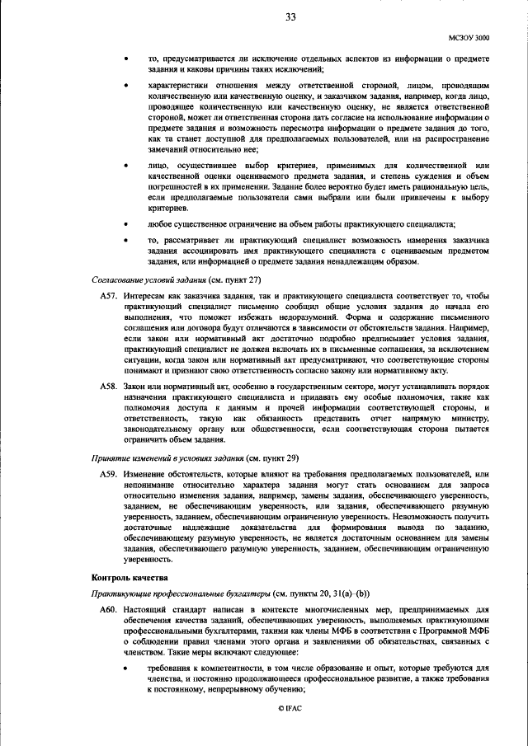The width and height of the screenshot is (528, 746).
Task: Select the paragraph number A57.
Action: (x=109, y=295)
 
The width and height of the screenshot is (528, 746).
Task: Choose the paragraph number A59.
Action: (x=109, y=476)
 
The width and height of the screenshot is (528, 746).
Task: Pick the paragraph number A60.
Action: (x=109, y=609)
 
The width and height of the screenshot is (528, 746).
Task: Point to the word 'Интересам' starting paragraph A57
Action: (x=144, y=295)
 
